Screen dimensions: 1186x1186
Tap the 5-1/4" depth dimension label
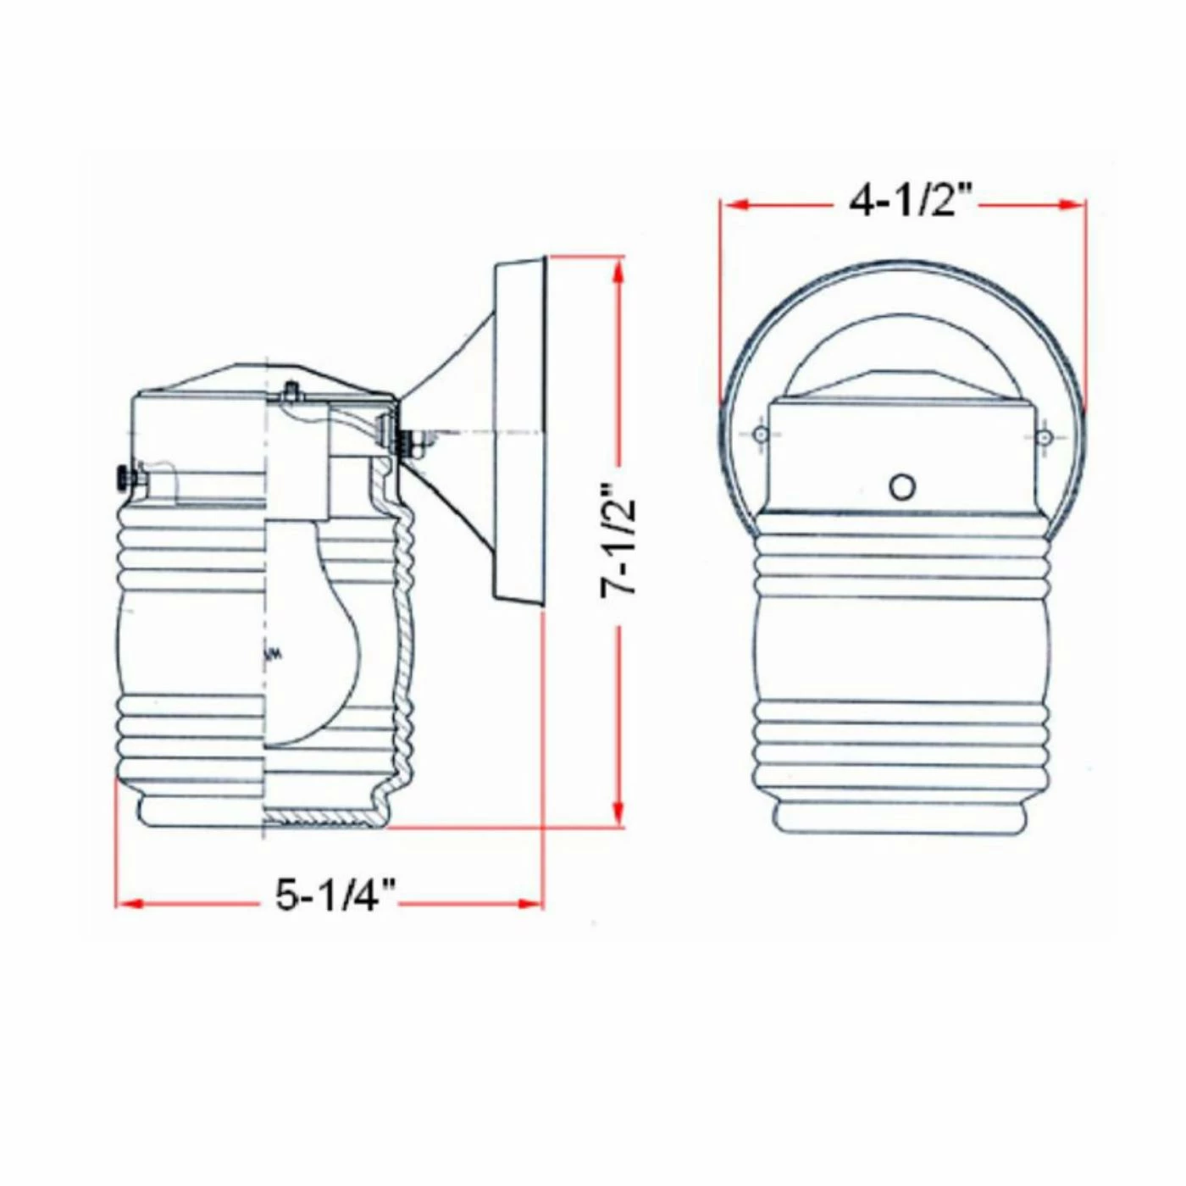tap(335, 895)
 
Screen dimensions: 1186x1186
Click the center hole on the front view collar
tap(902, 487)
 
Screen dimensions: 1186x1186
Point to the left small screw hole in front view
tap(761, 435)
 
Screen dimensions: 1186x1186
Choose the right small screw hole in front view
tap(1045, 437)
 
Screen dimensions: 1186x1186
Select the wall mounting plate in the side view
tap(518, 432)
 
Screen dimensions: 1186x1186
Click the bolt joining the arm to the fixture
tap(407, 441)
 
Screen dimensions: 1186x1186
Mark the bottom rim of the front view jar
tap(901, 817)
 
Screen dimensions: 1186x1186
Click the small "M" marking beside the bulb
tap(273, 654)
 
